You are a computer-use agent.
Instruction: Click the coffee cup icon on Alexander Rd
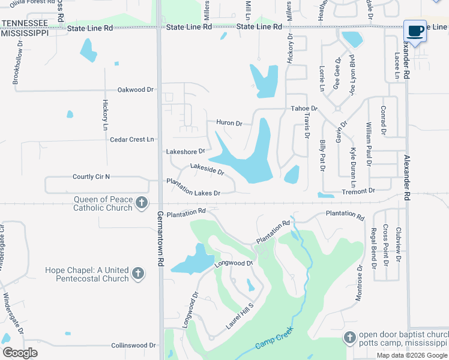(415, 31)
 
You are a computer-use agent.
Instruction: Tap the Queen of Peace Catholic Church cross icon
(141, 203)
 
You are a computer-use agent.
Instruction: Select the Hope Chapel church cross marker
(137, 274)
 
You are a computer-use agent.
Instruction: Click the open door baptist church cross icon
(350, 338)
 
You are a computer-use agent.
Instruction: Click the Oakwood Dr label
(136, 89)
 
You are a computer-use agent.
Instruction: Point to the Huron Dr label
(229, 124)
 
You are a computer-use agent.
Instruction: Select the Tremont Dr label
(358, 190)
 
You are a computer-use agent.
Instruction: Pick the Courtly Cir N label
(92, 176)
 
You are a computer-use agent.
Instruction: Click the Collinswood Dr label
(133, 346)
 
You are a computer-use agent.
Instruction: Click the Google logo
(20, 353)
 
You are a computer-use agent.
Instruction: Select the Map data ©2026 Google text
(412, 355)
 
